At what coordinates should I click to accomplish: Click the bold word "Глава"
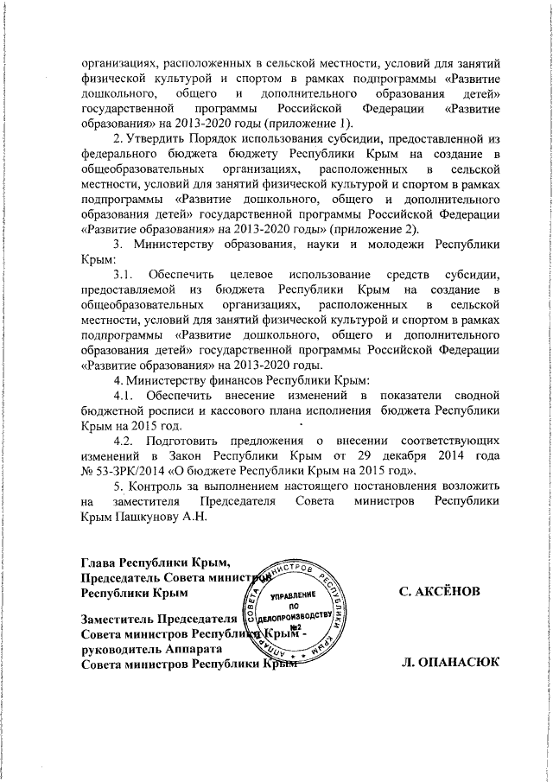(x=98, y=565)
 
